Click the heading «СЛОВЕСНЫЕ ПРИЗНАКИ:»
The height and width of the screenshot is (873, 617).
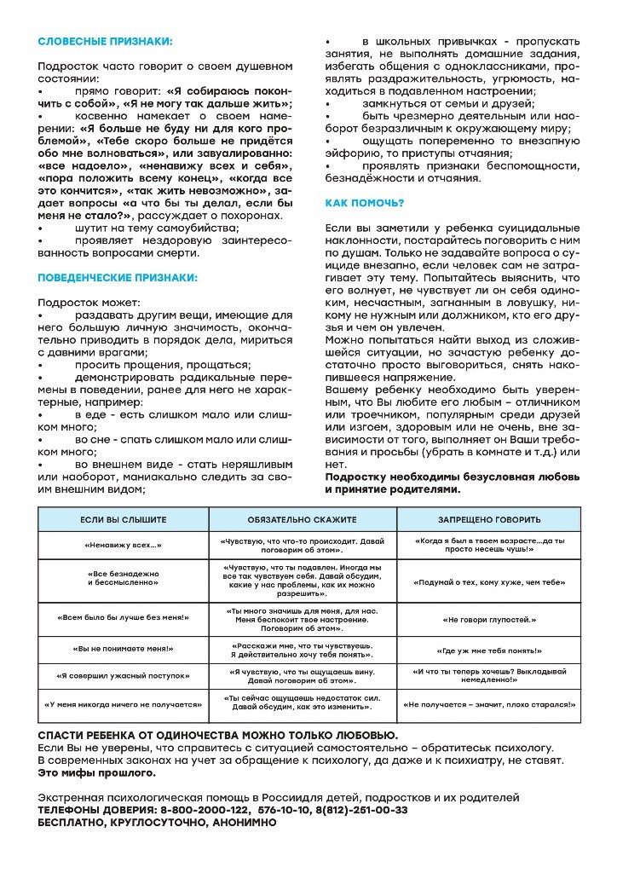click(x=105, y=41)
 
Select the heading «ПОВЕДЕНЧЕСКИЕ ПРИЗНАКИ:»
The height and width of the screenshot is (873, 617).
click(x=118, y=277)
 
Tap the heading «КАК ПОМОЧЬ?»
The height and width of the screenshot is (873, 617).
click(x=365, y=203)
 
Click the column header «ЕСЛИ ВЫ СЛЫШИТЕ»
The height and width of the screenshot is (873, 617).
click(x=124, y=519)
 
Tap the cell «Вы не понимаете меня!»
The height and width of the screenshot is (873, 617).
click(x=124, y=650)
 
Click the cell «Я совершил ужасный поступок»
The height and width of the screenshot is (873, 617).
click(x=124, y=676)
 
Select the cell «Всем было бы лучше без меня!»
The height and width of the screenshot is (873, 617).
click(x=124, y=618)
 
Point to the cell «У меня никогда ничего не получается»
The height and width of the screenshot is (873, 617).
click(x=124, y=705)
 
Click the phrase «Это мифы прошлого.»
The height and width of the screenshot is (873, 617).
click(x=97, y=772)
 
